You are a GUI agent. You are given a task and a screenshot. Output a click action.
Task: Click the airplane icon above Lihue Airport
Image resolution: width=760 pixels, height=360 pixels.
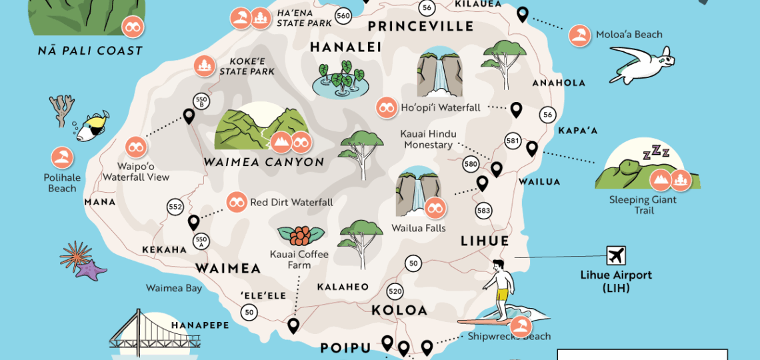coord(616,255)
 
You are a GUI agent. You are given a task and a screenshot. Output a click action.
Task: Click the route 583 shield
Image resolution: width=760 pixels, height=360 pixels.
coord(483,211)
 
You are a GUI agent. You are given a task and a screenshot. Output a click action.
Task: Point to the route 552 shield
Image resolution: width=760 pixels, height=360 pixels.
coord(175,207)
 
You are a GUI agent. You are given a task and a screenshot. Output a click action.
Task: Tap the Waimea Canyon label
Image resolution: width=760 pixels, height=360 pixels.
coord(264,162)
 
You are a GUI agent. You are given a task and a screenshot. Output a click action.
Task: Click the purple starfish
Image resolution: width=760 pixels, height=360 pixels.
coord(91,269)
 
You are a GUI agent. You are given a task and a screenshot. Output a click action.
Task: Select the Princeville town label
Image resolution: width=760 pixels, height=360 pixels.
coord(421,27)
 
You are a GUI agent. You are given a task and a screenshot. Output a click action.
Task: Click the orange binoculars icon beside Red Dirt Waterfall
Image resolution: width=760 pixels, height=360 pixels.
coord(236,201)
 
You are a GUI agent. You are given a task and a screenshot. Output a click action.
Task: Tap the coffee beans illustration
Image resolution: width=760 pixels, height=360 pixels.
coord(301,236)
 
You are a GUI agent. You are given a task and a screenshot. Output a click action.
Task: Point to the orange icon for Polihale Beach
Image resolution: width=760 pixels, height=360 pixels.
coord(62,158)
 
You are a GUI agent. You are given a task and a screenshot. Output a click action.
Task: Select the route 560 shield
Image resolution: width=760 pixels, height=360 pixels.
coord(343,15)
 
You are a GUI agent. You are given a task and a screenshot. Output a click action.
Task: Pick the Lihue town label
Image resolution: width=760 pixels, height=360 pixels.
coord(485,241)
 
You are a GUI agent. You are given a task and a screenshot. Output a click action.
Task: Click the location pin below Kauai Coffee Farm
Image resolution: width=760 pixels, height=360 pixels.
coord(293,326)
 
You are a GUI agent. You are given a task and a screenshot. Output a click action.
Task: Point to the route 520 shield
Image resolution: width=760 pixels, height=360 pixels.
coord(395,291)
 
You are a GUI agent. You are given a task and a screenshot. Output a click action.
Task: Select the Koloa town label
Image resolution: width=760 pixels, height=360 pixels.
coord(399,310)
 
